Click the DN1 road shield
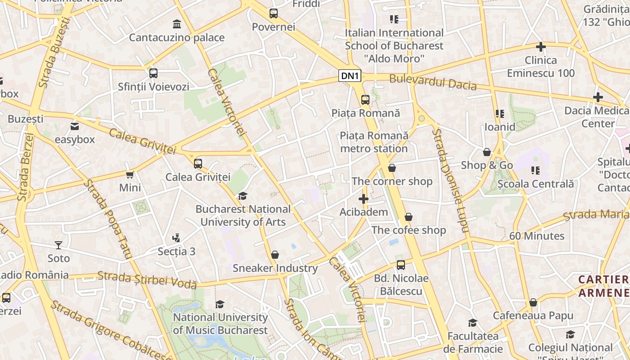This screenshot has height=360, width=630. point(350,76)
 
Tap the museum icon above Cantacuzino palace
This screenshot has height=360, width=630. point(177,24)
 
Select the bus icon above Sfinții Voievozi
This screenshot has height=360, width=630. point(153,73)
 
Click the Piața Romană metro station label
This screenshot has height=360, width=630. point(374,142)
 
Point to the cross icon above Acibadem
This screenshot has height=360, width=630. point(364,198)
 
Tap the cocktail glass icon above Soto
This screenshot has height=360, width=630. point(58,245)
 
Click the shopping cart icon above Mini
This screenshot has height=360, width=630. point(130,175)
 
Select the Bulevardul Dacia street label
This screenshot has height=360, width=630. point(432,82)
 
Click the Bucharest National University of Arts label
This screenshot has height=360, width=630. point(243,216)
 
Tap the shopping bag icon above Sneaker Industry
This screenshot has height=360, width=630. point(275,255)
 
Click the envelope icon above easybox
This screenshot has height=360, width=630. point(75,126)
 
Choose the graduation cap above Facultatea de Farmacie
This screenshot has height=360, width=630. point(472,323)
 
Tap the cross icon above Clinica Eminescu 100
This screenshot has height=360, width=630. point(541,47)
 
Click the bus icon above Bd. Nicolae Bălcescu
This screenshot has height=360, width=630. point(401,265)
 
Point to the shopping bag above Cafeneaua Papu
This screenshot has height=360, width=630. point(533,302)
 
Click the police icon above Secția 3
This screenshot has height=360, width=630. point(176,238)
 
